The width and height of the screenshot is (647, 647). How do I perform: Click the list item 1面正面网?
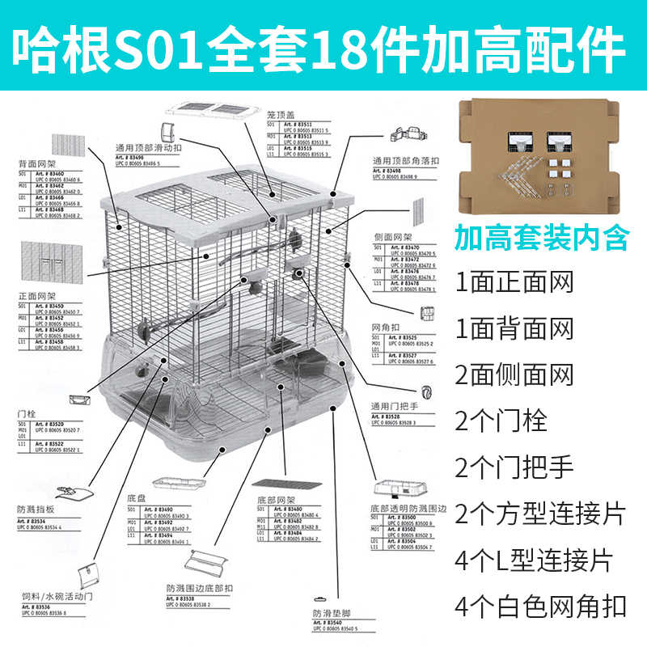point(514,282)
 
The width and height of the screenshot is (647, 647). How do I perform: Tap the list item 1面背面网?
point(514,328)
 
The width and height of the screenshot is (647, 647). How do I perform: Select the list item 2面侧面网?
point(514,374)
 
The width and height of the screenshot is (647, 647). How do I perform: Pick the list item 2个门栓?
point(501,421)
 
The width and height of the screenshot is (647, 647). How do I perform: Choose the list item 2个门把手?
point(514,467)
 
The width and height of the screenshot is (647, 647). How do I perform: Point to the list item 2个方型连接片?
point(540,514)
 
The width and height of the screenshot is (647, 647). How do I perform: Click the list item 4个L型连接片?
point(534,560)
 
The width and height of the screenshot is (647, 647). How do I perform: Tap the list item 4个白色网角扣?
point(540,606)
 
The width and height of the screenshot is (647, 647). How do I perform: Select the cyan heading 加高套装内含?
point(540,237)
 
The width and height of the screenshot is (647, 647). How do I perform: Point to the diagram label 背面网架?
point(36,163)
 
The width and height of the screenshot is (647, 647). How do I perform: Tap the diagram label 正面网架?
point(36,297)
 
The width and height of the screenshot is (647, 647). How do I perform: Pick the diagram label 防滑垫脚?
point(329,612)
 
